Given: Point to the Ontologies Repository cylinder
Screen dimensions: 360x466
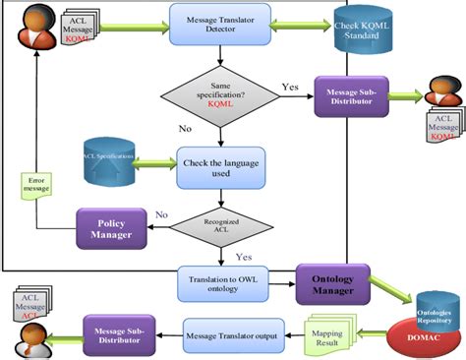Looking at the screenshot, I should [x=436, y=304].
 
